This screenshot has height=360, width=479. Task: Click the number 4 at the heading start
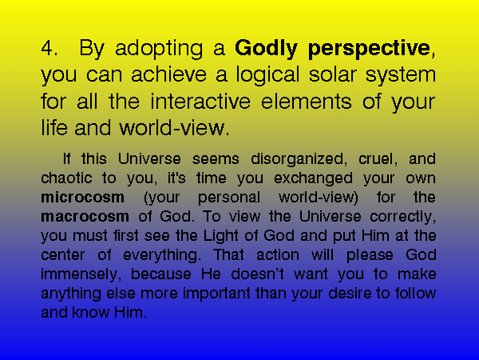(x=49, y=48)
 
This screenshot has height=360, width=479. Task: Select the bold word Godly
(x=266, y=50)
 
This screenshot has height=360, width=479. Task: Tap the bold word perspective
(x=369, y=50)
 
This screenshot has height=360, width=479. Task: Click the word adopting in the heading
(x=159, y=50)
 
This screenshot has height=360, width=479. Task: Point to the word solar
(x=333, y=74)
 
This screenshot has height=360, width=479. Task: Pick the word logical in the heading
(x=267, y=76)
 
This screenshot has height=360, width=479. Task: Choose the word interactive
(x=200, y=102)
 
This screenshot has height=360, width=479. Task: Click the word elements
(x=306, y=102)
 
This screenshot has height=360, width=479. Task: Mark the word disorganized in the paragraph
(x=297, y=160)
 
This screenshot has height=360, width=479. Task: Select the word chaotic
(x=66, y=178)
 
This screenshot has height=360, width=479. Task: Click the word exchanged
(x=313, y=179)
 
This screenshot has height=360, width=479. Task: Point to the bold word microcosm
(x=82, y=197)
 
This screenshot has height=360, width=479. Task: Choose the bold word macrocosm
(x=85, y=217)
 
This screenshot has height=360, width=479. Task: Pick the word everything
(x=160, y=256)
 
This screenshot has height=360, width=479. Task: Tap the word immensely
(x=78, y=275)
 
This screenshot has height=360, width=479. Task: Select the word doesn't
(x=257, y=274)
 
